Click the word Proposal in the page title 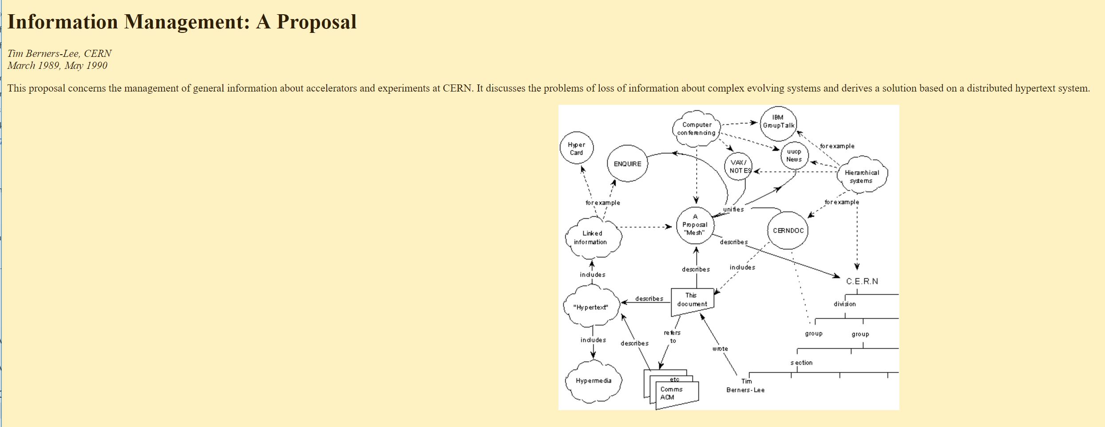(317, 22)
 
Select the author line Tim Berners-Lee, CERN (59, 54)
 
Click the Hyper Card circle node (576, 148)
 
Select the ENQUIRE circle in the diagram (627, 164)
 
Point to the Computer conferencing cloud (696, 129)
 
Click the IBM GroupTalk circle (778, 122)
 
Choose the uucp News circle (794, 156)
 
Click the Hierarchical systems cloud (861, 176)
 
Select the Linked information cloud (592, 238)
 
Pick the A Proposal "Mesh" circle (695, 225)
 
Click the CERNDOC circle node (788, 231)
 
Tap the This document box (692, 300)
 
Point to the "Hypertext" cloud (590, 307)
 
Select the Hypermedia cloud (594, 381)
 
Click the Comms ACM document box (673, 393)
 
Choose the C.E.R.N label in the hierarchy (862, 281)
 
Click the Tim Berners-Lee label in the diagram (745, 386)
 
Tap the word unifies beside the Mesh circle (733, 209)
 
